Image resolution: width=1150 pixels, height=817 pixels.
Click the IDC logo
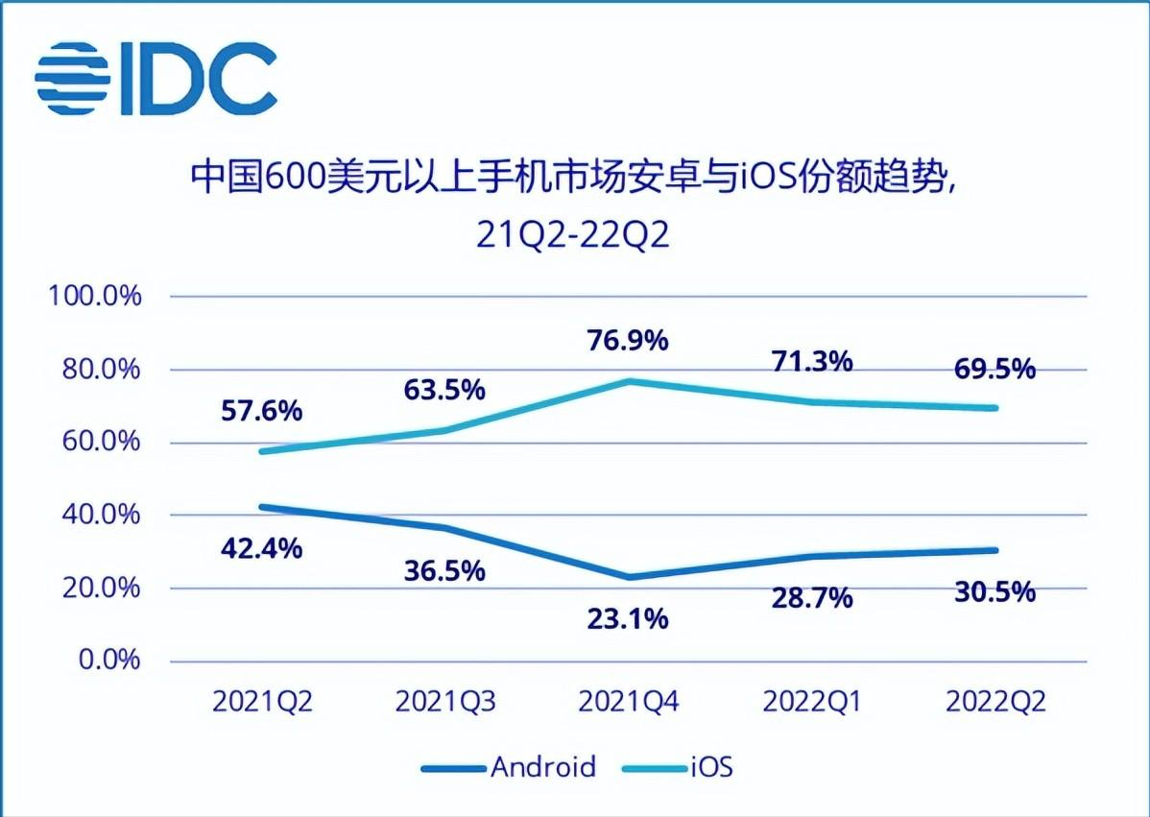click(156, 78)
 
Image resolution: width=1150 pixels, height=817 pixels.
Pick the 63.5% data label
click(441, 390)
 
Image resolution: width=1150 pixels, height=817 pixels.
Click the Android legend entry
click(509, 766)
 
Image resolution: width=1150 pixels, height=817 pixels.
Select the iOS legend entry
click(678, 766)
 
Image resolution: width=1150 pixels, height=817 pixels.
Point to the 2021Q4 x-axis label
click(628, 703)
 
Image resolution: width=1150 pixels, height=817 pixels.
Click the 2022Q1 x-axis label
click(811, 703)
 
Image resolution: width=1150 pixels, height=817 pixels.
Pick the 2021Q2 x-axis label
click(262, 703)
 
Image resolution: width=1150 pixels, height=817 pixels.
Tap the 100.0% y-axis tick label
click(95, 296)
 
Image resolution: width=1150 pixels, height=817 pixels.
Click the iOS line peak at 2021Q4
click(628, 381)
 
